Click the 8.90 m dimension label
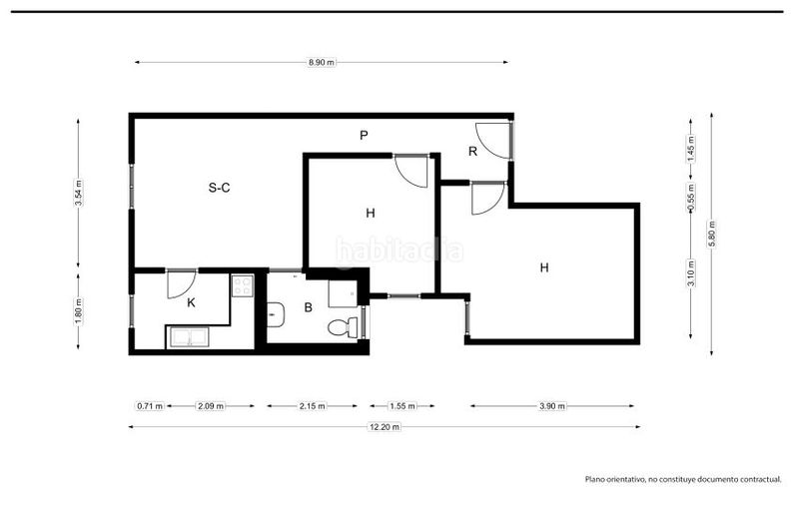[321, 62]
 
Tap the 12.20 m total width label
[385, 426]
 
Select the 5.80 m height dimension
[712, 234]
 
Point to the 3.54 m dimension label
[79, 193]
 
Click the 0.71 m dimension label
[149, 406]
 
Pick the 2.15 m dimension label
[312, 406]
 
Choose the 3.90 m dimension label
[552, 406]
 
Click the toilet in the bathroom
[343, 326]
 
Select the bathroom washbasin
[276, 314]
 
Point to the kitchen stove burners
[242, 285]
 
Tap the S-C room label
[219, 188]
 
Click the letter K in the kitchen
[191, 302]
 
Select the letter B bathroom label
[308, 307]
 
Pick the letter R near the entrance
[472, 151]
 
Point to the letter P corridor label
[364, 135]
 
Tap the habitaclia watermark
[399, 251]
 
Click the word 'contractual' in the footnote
[763, 479]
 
